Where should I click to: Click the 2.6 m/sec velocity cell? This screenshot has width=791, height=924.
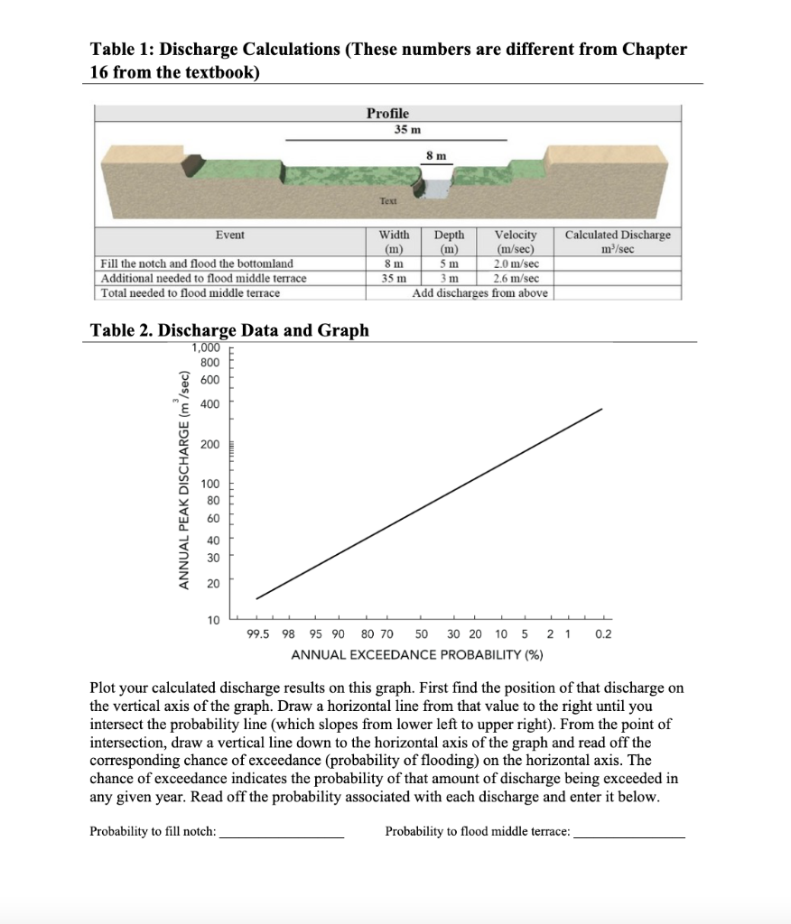515,278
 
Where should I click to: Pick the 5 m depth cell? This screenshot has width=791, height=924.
450,263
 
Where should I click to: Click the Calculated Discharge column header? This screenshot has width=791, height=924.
618,241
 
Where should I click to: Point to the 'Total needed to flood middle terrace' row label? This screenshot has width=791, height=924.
191,292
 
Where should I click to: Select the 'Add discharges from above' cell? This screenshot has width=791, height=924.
479,292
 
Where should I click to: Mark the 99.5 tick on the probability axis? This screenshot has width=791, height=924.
257,634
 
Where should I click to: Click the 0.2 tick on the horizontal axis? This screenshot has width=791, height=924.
603,634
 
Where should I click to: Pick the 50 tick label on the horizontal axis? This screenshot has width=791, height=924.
421,634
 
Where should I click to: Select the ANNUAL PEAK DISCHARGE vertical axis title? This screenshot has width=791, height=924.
183,480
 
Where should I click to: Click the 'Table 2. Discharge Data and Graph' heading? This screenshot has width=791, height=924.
230,330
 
